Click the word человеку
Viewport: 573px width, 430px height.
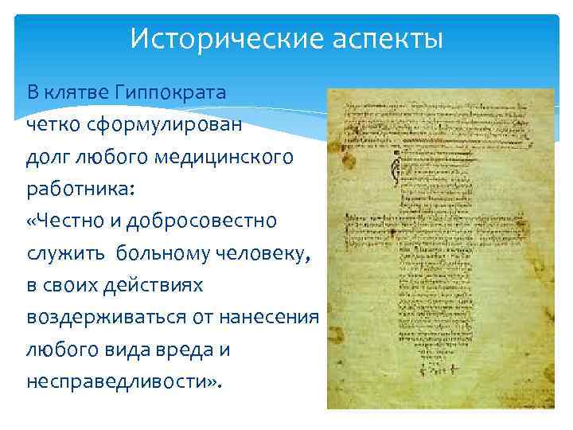coord(263,253)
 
